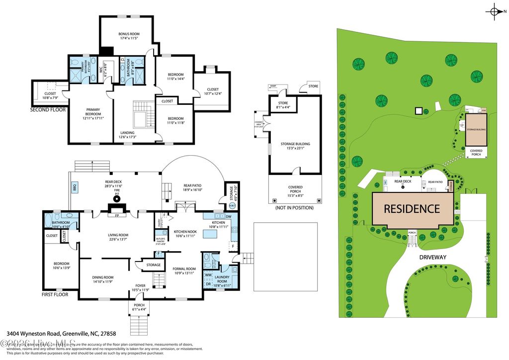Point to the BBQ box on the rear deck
[x=75, y=188]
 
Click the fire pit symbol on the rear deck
[x=117, y=199]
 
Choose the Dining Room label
[x=103, y=277]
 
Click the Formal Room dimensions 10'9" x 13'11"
[x=184, y=273]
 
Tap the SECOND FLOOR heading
[x=48, y=109]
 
